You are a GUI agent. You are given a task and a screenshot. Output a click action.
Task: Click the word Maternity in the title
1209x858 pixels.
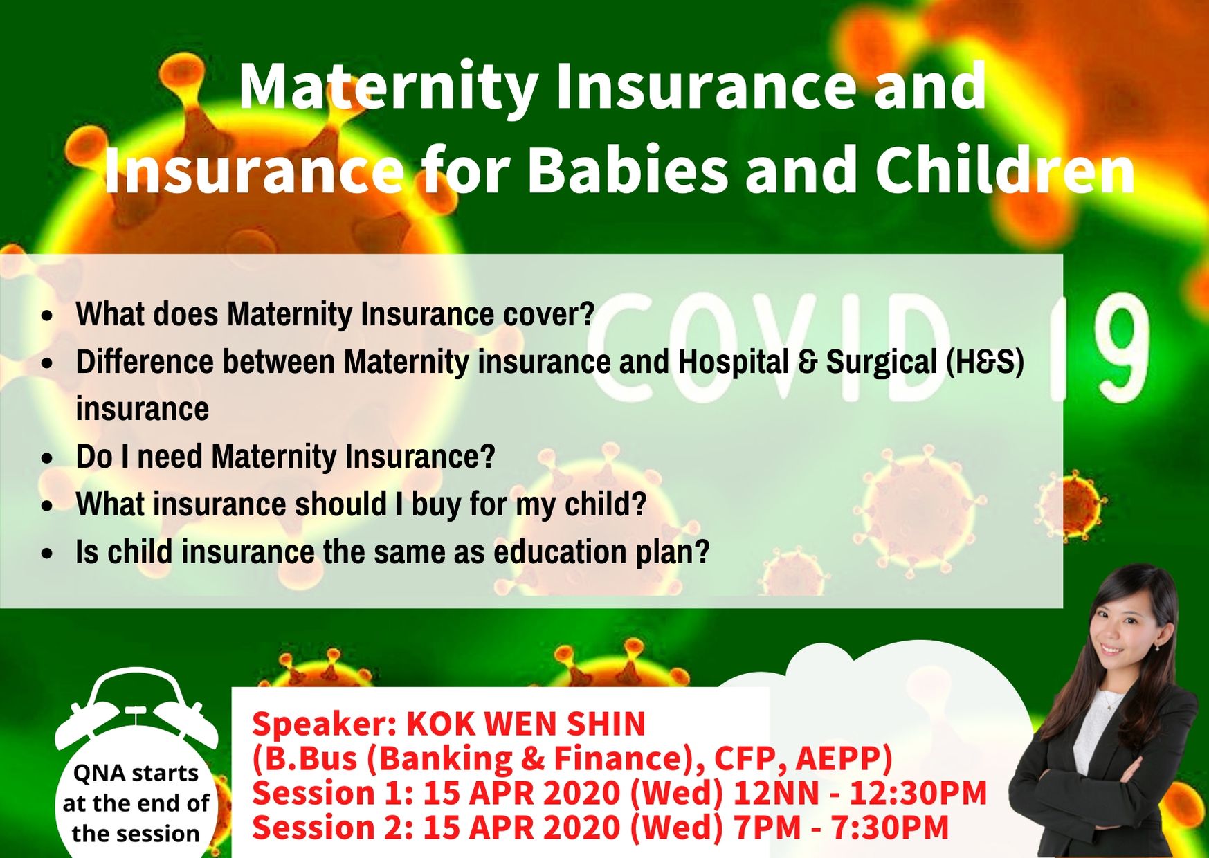click(388, 87)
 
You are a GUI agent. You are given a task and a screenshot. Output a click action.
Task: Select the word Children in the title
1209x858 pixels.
click(1005, 170)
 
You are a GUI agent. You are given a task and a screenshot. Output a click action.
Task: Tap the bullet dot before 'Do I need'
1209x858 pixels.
click(47, 459)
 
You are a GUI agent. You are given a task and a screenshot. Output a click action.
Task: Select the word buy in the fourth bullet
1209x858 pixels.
click(437, 504)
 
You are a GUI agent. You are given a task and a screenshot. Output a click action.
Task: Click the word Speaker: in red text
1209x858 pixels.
click(324, 725)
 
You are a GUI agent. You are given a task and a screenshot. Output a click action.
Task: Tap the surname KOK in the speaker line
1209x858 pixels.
click(440, 724)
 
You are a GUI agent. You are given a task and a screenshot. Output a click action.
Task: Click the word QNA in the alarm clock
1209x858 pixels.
click(99, 773)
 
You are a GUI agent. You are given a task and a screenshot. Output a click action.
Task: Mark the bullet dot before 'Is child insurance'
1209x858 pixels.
click(47, 554)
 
